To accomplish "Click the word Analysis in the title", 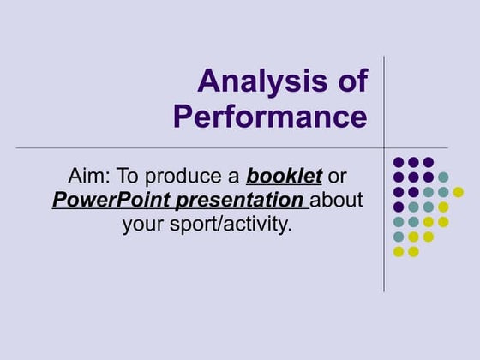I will point(258,82).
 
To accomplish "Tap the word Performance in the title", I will point(270,116).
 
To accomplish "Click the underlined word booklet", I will point(284,177).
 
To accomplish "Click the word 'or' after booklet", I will point(338,177).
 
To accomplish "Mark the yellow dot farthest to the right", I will point(458,192).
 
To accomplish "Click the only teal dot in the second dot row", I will point(443,177).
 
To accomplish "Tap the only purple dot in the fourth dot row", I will point(399,207).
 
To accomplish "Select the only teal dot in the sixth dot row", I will point(399,237).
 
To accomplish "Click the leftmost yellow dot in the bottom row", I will point(399,251).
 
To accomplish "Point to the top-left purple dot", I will point(399,162).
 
